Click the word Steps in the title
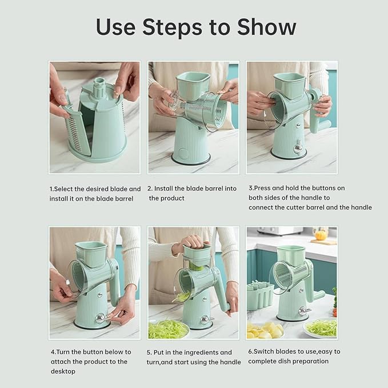tap(172, 27)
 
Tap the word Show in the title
tap(266, 27)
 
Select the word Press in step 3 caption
tap(262, 188)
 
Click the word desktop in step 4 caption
tap(63, 371)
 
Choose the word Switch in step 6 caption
tap(263, 351)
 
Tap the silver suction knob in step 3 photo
tap(298, 147)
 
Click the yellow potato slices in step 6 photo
tap(264, 330)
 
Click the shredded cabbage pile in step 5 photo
tap(168, 330)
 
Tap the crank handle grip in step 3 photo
tap(325, 125)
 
